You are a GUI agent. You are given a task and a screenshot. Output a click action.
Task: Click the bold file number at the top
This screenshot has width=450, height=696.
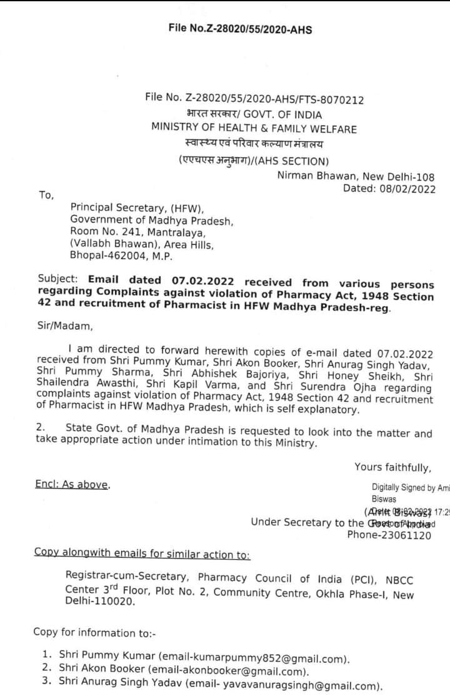(240, 29)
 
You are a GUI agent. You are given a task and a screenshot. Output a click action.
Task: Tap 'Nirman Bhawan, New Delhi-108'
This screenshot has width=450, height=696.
(356, 177)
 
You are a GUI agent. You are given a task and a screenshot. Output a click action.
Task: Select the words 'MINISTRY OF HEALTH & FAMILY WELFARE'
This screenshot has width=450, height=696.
(254, 129)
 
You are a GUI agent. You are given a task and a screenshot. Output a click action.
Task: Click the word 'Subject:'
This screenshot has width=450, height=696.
(58, 279)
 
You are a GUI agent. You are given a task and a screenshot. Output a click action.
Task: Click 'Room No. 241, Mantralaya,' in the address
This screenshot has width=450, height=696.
(138, 232)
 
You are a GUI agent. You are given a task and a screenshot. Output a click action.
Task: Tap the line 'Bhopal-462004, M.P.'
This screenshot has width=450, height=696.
(121, 256)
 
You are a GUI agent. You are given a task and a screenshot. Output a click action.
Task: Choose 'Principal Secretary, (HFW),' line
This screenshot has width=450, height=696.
(137, 208)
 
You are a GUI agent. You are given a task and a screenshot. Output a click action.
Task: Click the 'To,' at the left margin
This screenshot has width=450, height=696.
(47, 196)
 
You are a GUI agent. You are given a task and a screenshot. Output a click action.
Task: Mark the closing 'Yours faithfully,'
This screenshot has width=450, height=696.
(392, 467)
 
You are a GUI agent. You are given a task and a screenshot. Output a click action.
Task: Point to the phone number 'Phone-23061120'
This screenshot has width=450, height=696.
(389, 535)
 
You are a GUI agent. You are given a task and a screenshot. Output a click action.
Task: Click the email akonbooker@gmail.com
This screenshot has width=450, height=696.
(256, 672)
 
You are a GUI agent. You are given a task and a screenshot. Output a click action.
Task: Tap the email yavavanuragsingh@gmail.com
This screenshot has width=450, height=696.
(301, 686)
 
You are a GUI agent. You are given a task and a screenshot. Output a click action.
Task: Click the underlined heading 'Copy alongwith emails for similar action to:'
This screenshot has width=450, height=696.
(142, 553)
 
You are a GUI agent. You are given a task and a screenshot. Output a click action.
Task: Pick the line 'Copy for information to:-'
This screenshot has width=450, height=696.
(94, 633)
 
